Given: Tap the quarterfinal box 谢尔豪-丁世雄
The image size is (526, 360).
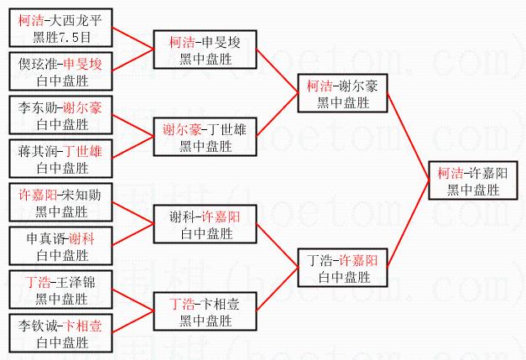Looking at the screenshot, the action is coord(204,138).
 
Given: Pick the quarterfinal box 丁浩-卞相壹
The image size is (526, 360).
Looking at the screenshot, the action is coord(204,311).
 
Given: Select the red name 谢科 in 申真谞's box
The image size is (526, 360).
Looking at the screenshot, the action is coord(81,238).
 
